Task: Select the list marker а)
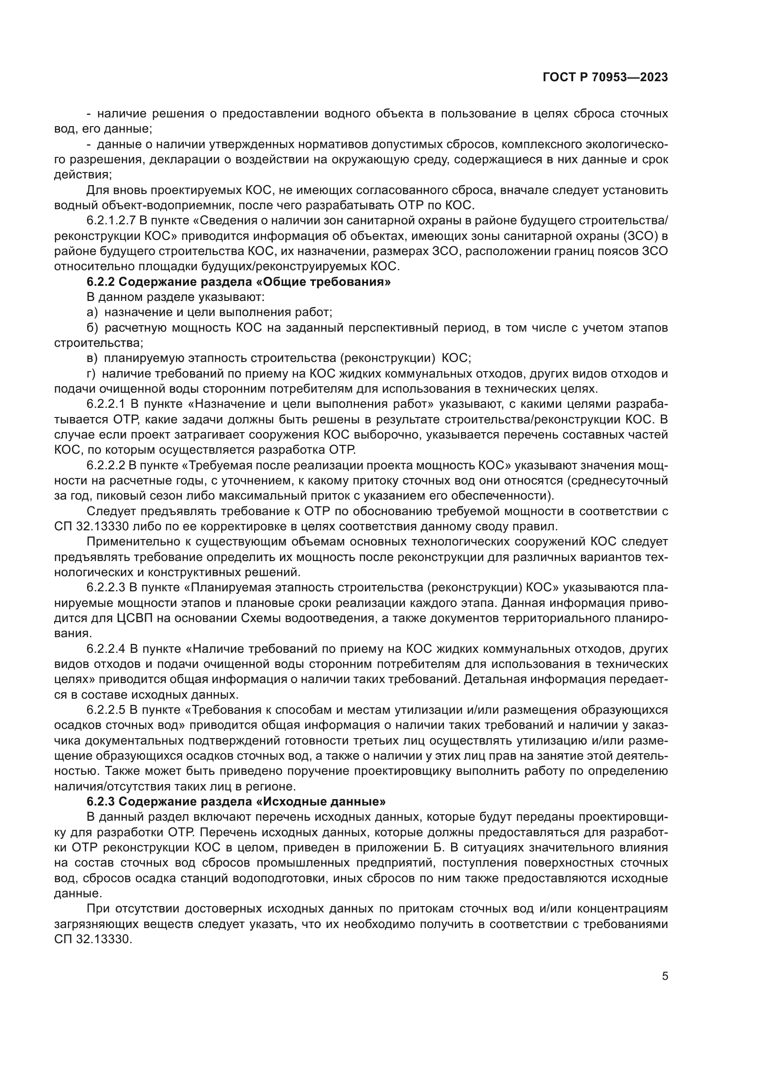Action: (92, 312)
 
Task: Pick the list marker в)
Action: (92, 358)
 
